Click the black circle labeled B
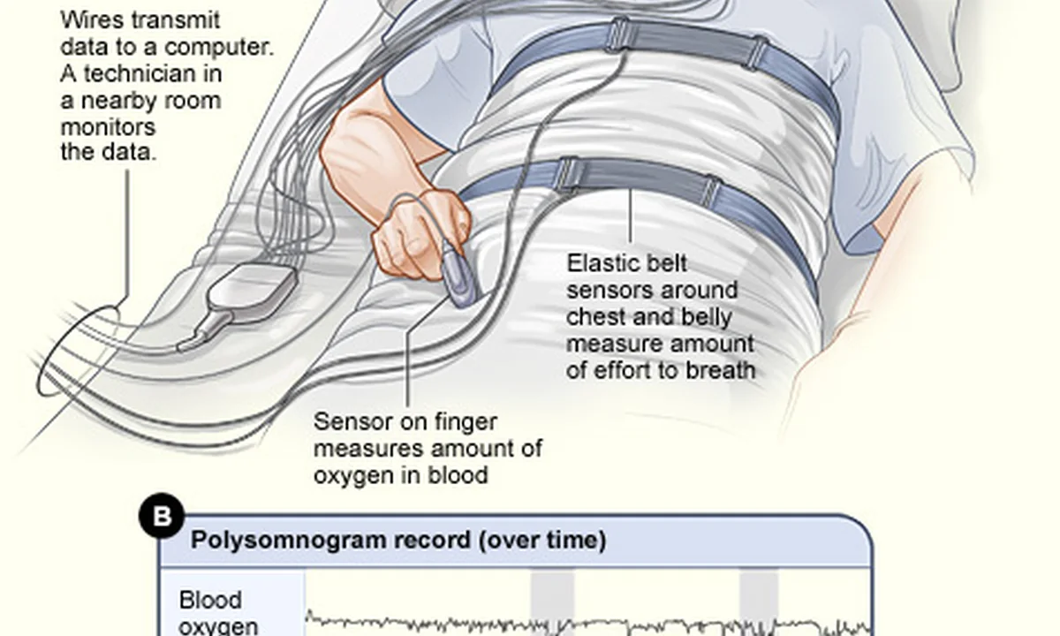coord(162,516)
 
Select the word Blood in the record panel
coord(210,600)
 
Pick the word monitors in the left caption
coord(109,127)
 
